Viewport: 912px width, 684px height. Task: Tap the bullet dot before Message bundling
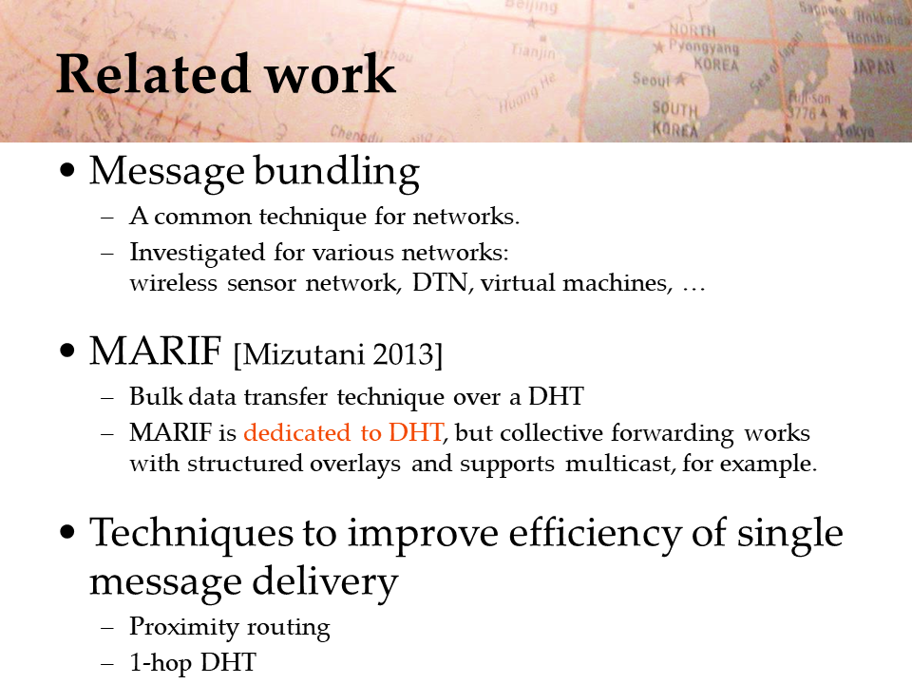coord(67,170)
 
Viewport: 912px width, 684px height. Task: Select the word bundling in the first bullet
coord(336,172)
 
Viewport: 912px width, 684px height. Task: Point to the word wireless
coord(173,283)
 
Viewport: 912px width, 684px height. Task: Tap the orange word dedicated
coord(296,432)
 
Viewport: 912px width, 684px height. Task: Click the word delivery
coord(325,582)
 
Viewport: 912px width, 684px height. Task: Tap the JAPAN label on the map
coord(874,67)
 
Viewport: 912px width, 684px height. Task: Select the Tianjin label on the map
coord(533,51)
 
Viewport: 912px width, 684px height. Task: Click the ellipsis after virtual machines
coord(693,289)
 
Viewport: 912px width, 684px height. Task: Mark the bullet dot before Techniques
coord(67,532)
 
